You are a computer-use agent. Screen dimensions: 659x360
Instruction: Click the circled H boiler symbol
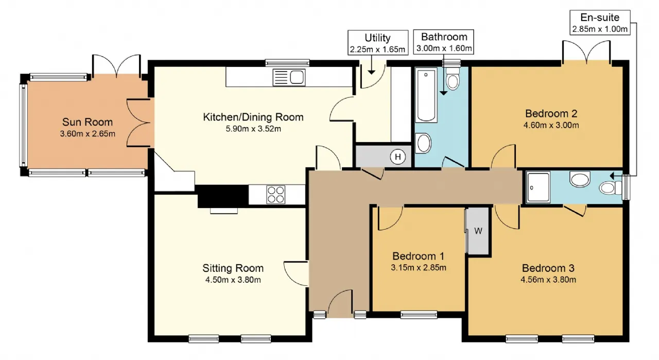tap(398, 157)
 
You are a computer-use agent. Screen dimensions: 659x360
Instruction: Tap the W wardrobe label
tap(478, 231)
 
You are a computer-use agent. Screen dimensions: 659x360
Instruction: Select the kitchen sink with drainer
tap(289, 77)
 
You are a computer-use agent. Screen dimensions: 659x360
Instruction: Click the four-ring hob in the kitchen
tap(275, 195)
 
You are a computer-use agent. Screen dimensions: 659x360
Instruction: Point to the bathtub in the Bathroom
tap(426, 95)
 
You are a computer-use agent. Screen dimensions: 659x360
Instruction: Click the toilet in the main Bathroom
tap(453, 78)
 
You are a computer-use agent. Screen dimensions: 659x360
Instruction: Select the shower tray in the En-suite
tap(538, 187)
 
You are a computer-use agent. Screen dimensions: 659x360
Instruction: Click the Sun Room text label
tap(88, 122)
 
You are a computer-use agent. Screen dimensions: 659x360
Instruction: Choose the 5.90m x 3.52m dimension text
tap(253, 129)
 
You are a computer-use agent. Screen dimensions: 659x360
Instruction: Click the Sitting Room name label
tap(233, 268)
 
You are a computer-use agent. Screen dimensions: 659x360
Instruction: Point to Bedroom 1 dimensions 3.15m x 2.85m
tap(419, 268)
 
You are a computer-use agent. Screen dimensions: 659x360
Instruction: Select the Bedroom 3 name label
tap(548, 268)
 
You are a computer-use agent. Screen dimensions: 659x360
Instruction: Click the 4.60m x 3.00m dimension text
tap(551, 125)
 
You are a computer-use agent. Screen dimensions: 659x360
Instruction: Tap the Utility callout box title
tap(377, 38)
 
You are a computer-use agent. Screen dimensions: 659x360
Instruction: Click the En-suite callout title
tap(600, 18)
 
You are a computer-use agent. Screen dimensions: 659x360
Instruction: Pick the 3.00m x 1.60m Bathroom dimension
tap(444, 48)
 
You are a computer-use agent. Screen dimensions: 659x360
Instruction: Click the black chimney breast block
tap(223, 196)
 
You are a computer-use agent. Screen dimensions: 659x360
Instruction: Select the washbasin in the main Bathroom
tap(423, 143)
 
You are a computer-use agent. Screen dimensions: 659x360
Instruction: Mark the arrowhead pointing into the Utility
tap(372, 73)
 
